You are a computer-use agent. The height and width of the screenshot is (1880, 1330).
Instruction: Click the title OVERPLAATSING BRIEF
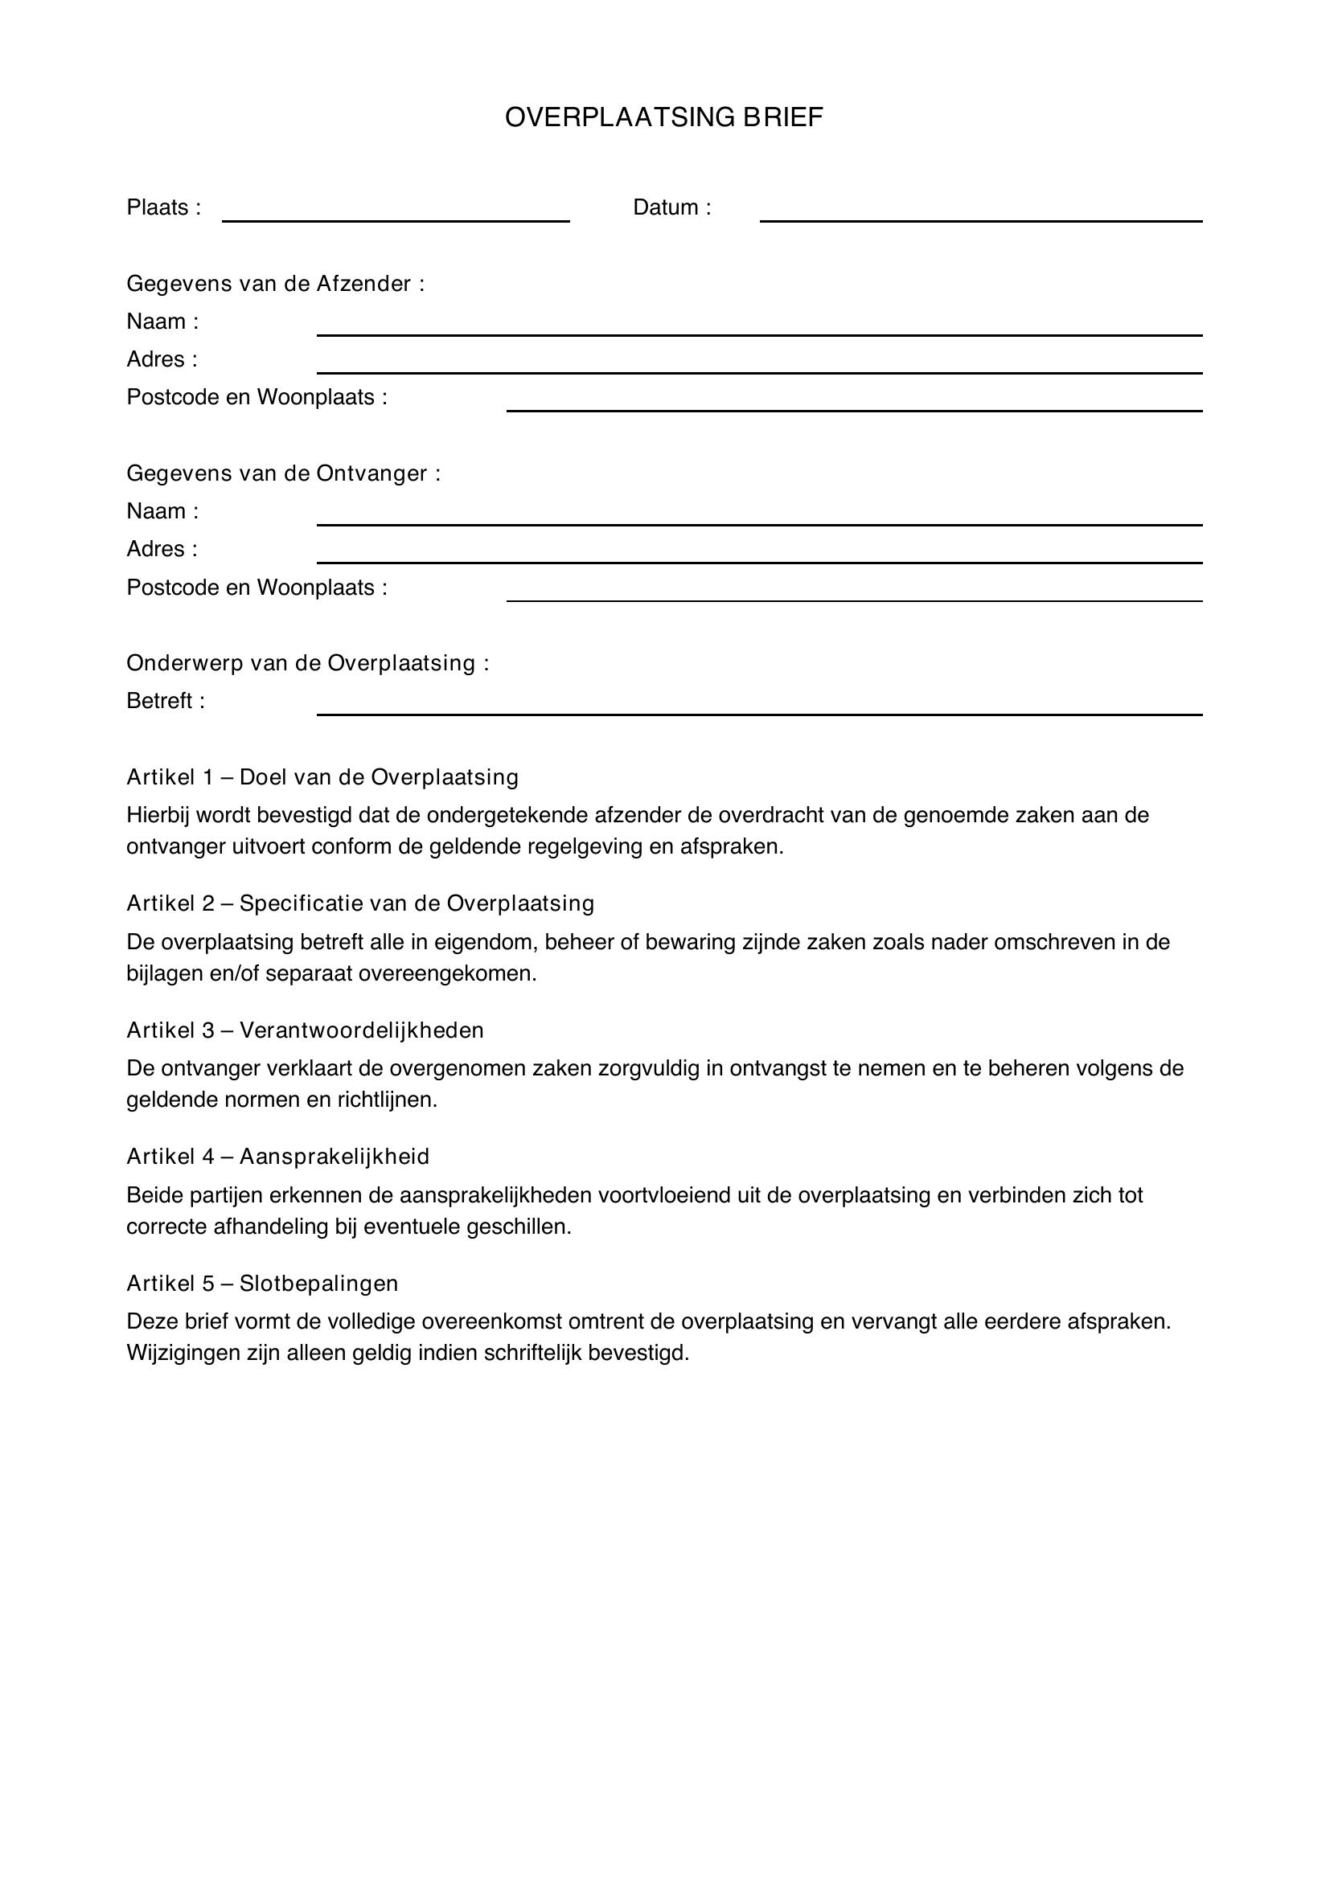tap(663, 118)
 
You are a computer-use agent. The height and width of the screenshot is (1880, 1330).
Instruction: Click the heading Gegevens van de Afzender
tap(275, 284)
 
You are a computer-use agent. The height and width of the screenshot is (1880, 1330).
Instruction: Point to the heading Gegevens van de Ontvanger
tap(283, 474)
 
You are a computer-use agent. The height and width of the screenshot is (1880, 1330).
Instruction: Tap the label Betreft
tap(165, 702)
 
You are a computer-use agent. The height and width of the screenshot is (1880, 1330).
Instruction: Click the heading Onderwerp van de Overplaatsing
tap(307, 663)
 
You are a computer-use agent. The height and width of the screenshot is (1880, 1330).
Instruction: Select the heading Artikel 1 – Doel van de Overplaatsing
tap(322, 777)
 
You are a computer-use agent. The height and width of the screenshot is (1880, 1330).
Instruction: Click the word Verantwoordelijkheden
tap(361, 1030)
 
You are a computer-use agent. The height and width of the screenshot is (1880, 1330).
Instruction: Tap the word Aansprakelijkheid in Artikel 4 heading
tap(335, 1157)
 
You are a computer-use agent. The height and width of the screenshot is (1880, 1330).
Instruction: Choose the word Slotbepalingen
tap(318, 1283)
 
